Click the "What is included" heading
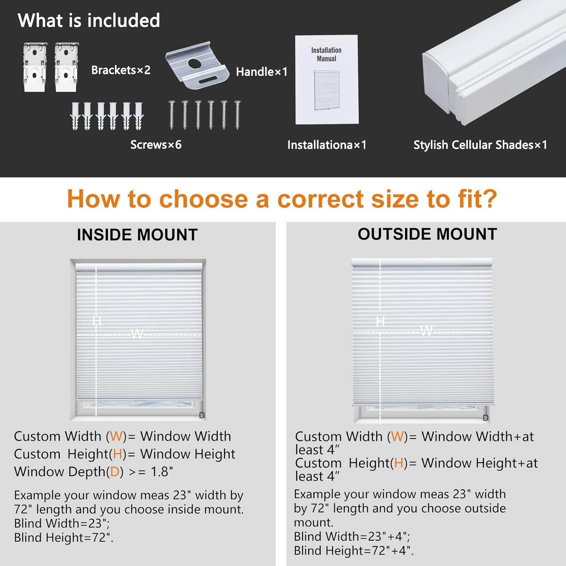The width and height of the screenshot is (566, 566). coord(89,20)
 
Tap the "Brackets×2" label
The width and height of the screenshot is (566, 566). coord(121,70)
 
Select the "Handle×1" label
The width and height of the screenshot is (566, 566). coord(261,72)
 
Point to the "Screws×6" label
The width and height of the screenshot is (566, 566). coord(156,145)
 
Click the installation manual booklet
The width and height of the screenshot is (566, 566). coord(327,80)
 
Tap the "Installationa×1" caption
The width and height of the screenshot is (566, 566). coord(327,145)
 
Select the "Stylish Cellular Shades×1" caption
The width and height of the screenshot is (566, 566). coord(480,145)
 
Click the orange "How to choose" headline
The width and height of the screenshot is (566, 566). coord(282,199)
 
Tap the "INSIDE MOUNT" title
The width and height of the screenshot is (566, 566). coord(137,235)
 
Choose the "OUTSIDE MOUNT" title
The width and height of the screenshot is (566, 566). coord(427,234)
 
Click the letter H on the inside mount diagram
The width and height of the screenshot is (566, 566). coord(97,321)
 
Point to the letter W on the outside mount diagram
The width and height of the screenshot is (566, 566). coord(426,331)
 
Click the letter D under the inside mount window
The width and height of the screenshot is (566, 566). coord(202,415)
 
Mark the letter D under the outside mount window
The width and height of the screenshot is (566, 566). coord(486,418)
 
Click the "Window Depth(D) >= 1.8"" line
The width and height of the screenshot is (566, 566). coord(94,472)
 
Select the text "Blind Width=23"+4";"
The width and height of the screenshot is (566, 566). coord(352,537)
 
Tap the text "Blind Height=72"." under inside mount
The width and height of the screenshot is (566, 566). coord(64,537)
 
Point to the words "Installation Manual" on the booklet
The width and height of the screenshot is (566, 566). coord(326,54)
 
